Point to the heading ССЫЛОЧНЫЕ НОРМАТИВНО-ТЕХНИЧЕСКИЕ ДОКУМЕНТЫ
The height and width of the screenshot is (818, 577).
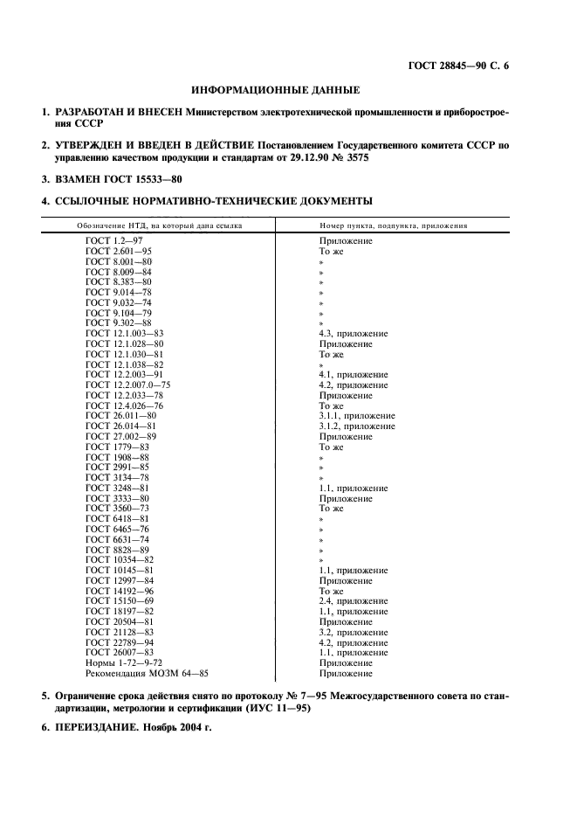coord(213,202)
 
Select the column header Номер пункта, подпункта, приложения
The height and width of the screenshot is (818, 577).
coord(393,225)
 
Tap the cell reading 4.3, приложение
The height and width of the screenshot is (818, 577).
coord(354,334)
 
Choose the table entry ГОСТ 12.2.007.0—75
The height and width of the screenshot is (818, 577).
coord(128,385)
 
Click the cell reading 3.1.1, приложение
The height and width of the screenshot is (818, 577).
coord(357,416)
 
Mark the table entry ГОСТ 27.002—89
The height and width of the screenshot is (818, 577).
coord(121,437)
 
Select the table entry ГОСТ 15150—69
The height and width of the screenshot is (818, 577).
coord(120,601)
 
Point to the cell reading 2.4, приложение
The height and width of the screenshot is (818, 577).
coord(354,601)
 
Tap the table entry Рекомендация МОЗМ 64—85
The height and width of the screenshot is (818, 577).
coord(147,674)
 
